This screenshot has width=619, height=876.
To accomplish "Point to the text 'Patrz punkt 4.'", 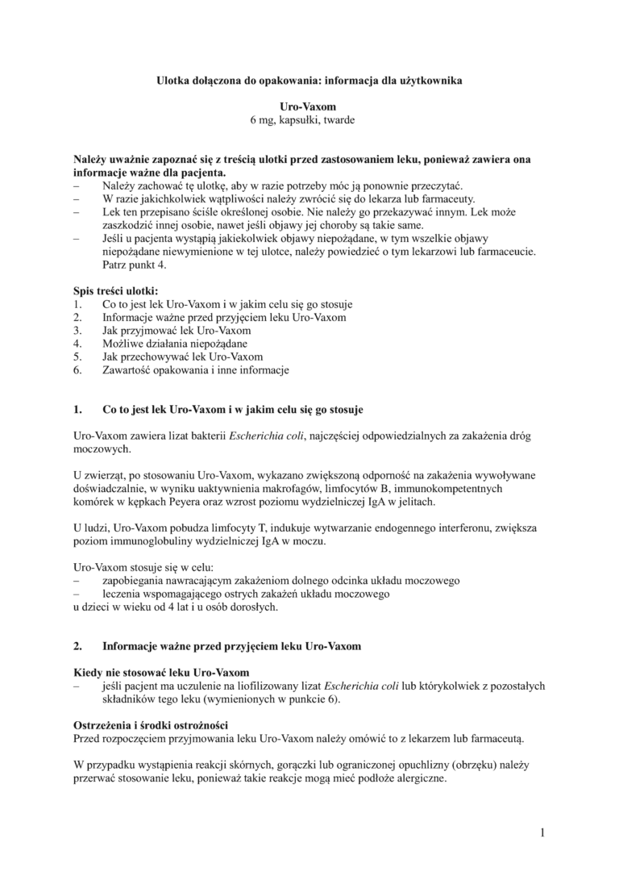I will point(135,265).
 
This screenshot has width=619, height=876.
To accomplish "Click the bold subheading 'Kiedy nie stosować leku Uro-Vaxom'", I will point(161,672).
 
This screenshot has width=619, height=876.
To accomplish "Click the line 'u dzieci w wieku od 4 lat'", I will point(176,607).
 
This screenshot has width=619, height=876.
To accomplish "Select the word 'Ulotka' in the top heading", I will point(172,81).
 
